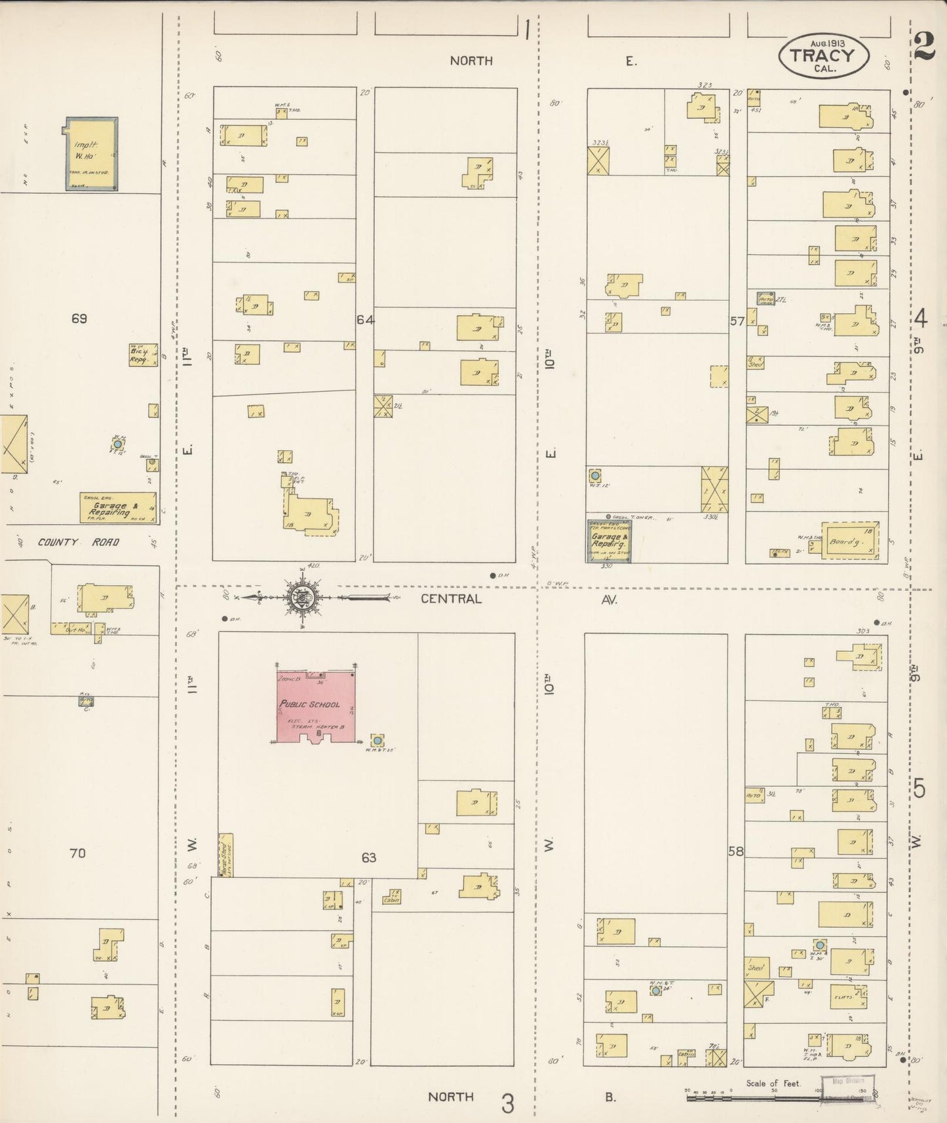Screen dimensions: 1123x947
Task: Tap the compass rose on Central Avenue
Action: pyautogui.click(x=302, y=598)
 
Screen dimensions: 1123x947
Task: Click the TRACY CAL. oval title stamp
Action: pyautogui.click(x=824, y=56)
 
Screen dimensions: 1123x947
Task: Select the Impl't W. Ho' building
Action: pyautogui.click(x=91, y=154)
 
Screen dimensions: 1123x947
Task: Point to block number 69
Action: pyautogui.click(x=79, y=318)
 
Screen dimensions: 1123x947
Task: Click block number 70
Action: pyautogui.click(x=77, y=853)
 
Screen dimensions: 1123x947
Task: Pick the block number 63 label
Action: pyautogui.click(x=369, y=857)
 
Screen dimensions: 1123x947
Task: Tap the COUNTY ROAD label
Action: pyautogui.click(x=78, y=542)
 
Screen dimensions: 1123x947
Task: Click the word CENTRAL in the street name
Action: pyautogui.click(x=451, y=598)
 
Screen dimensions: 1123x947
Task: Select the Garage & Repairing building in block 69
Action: pyautogui.click(x=118, y=508)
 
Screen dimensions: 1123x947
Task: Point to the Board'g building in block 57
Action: pyautogui.click(x=850, y=541)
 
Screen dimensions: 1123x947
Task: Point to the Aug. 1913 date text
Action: pyautogui.click(x=827, y=43)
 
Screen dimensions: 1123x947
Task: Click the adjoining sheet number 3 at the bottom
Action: pyautogui.click(x=507, y=1104)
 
